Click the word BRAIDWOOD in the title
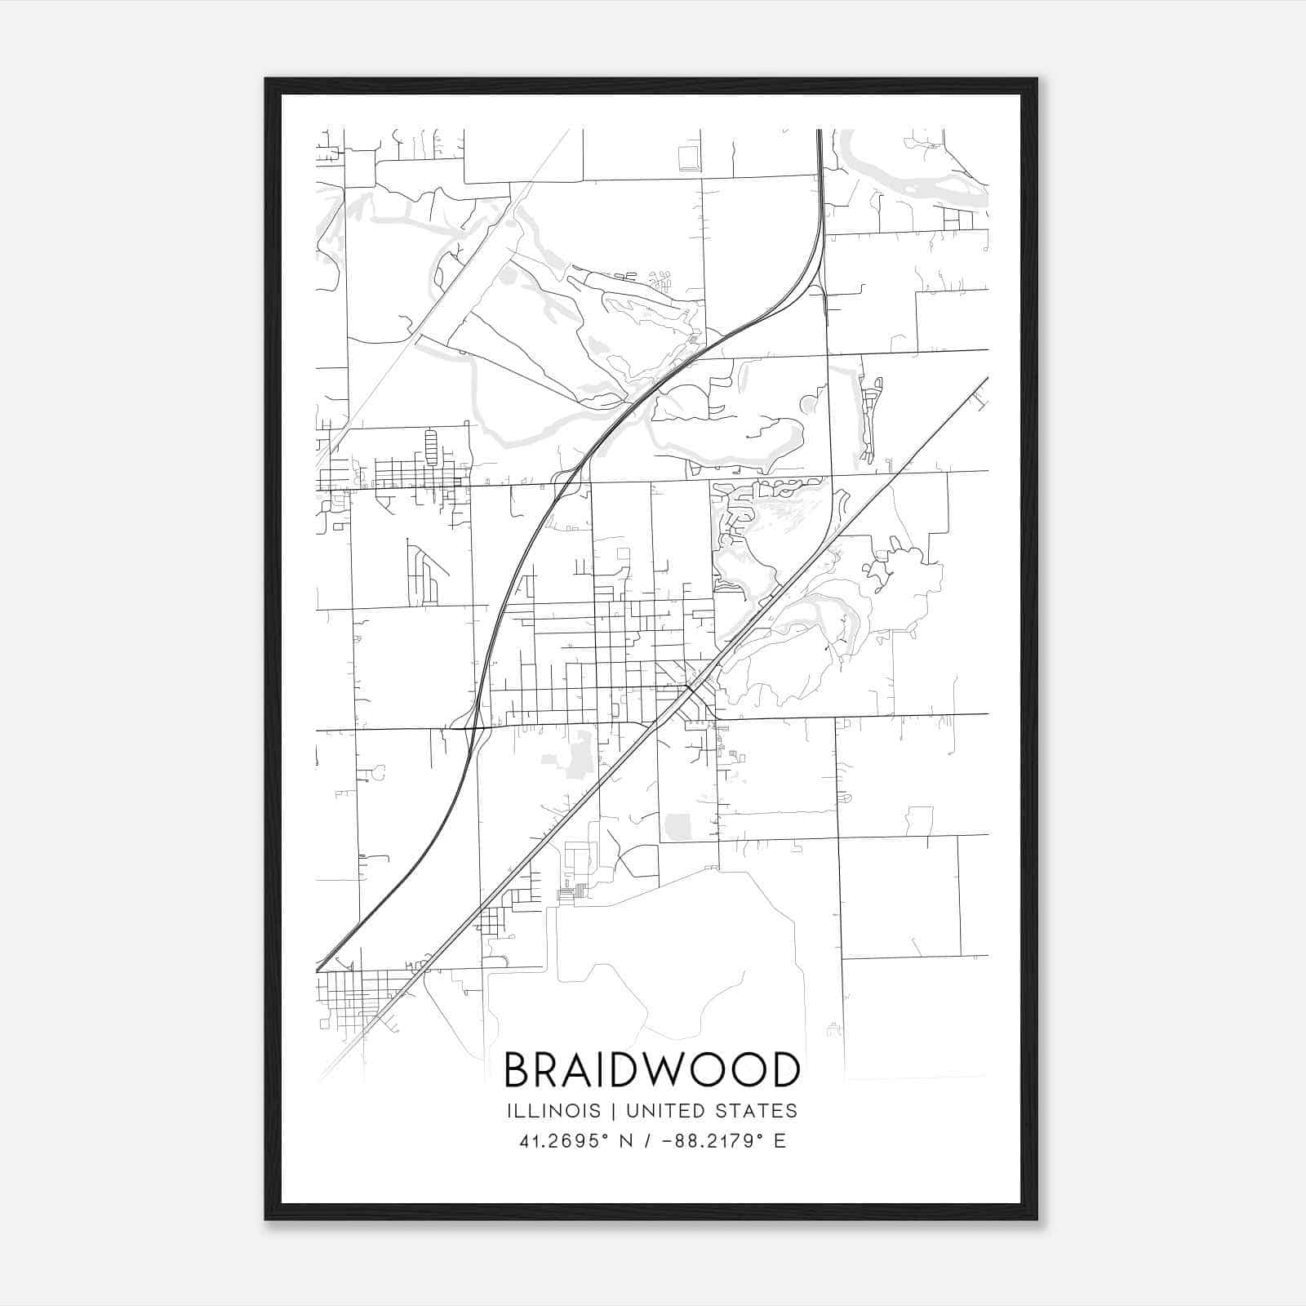point(651,1070)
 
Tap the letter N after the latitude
point(626,1141)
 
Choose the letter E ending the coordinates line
point(780,1141)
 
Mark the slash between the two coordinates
point(647,1141)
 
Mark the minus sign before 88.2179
point(669,1141)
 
